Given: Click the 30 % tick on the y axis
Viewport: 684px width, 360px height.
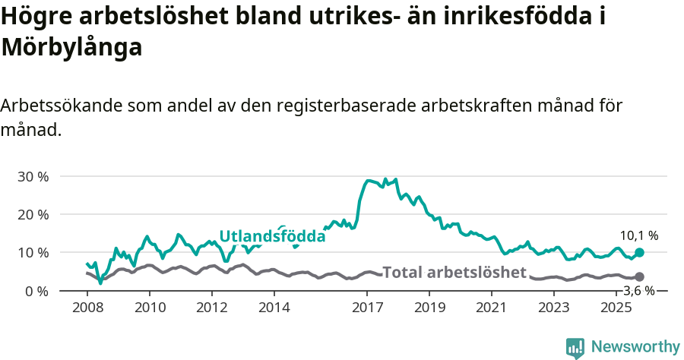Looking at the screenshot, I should point(33,177).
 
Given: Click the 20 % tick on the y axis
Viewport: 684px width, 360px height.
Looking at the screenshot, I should point(33,215).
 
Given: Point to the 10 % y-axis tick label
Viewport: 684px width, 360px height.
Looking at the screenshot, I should point(33,253).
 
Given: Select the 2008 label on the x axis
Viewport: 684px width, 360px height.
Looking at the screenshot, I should point(87,308).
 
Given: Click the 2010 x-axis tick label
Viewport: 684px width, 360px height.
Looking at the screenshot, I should point(150,308).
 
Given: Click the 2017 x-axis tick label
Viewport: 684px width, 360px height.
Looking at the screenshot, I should point(368,308).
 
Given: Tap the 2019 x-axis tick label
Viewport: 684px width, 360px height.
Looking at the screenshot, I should point(430,308).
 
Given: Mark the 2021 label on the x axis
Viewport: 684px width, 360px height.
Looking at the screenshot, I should point(492,308).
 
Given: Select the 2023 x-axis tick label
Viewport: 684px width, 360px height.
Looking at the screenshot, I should point(554,308).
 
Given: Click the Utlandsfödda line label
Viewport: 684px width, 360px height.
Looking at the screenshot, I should point(272,237).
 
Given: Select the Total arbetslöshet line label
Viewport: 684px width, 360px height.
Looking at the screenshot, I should point(454,273).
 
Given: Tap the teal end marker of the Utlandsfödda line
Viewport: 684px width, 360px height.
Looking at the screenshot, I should point(639,252).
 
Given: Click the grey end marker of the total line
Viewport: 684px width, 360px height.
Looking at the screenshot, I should point(639,277).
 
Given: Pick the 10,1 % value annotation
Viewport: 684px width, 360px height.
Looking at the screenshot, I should point(639,236).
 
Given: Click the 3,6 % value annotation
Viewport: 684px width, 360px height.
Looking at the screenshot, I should point(639,291).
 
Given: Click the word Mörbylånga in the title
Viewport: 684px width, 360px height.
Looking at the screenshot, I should point(72,47).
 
